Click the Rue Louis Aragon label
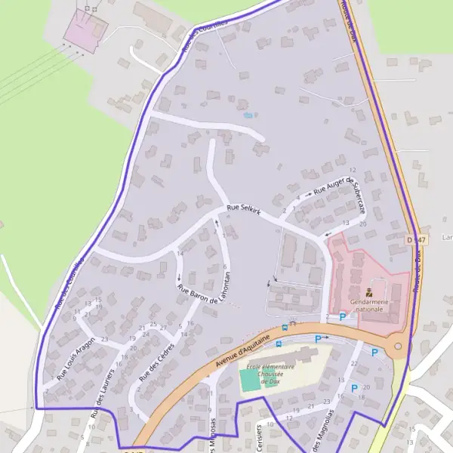click(76, 357)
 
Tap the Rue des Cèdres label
click(156, 361)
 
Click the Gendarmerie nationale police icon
click(369, 291)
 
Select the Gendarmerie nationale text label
click(369, 305)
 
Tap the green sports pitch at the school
click(249, 381)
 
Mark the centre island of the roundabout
click(398, 347)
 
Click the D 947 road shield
click(415, 239)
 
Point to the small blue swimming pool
click(248, 116)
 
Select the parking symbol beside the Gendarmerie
click(342, 317)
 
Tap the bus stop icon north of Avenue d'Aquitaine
click(285, 327)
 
